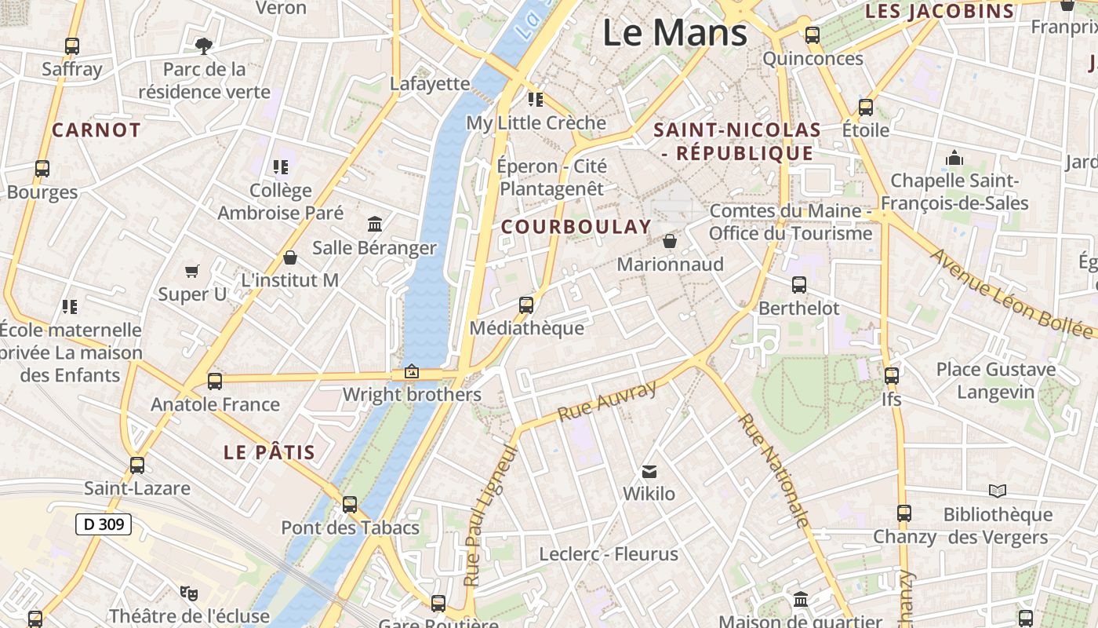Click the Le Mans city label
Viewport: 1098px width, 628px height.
pyautogui.click(x=674, y=33)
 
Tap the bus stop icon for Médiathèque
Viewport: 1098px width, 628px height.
pyautogui.click(x=526, y=305)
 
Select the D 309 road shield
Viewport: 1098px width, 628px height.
pyautogui.click(x=103, y=524)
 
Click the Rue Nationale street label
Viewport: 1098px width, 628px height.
pyautogui.click(x=773, y=470)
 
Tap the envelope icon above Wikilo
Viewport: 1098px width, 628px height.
pyautogui.click(x=649, y=472)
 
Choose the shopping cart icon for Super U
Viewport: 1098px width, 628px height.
pyautogui.click(x=192, y=272)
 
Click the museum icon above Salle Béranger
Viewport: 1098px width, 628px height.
pyautogui.click(x=375, y=225)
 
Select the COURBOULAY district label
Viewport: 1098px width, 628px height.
pyautogui.click(x=576, y=227)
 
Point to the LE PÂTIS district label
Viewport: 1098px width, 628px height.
pyautogui.click(x=269, y=452)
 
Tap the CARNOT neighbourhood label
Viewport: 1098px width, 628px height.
pyautogui.click(x=96, y=130)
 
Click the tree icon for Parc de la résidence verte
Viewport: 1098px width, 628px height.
pyautogui.click(x=204, y=46)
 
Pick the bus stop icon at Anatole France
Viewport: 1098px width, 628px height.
pyautogui.click(x=215, y=382)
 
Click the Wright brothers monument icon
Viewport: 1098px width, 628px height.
pyautogui.click(x=412, y=371)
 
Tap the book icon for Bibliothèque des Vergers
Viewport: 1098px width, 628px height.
pyautogui.click(x=998, y=491)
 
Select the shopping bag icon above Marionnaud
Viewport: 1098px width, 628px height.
pyautogui.click(x=670, y=241)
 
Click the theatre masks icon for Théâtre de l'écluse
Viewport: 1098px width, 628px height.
pyautogui.click(x=188, y=593)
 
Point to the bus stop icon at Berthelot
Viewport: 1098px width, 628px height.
pyautogui.click(x=799, y=285)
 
